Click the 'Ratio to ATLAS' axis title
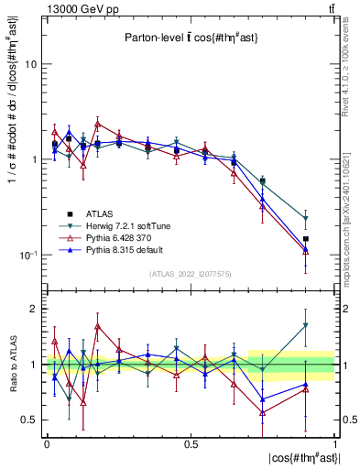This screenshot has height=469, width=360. (x=13, y=365)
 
